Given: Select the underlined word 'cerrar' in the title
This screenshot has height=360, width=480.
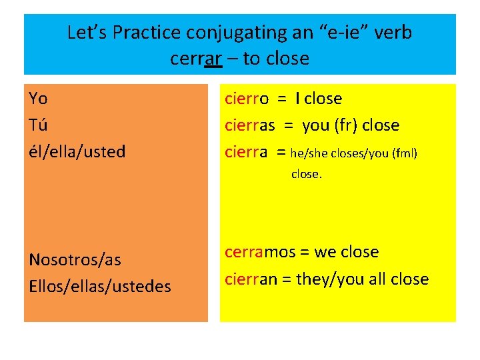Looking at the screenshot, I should [x=195, y=59].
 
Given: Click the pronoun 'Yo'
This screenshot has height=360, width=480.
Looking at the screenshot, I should [x=38, y=99].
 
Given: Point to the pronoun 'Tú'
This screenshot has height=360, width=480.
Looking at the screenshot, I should [x=38, y=125].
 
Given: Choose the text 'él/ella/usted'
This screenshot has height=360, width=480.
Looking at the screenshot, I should [x=77, y=151].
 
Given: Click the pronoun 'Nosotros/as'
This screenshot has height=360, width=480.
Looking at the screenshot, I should [x=75, y=259].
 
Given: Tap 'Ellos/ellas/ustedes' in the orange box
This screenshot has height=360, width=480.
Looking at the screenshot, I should [x=100, y=286].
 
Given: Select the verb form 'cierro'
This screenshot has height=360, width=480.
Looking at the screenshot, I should [x=247, y=99].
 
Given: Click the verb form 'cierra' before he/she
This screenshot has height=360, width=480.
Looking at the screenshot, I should [x=246, y=151].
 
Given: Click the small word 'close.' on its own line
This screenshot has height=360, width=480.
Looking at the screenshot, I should [x=307, y=175].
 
